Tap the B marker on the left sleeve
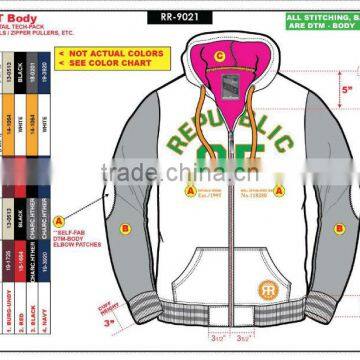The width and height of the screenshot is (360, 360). point(124,229)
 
